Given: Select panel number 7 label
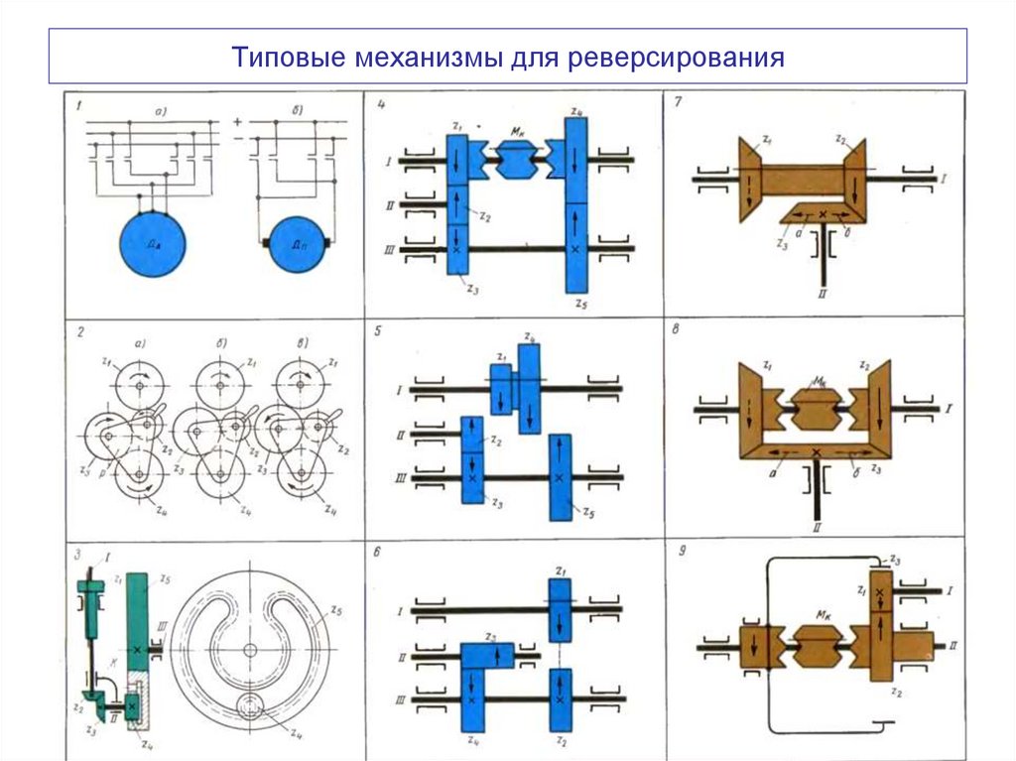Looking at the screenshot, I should tap(676, 102).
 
